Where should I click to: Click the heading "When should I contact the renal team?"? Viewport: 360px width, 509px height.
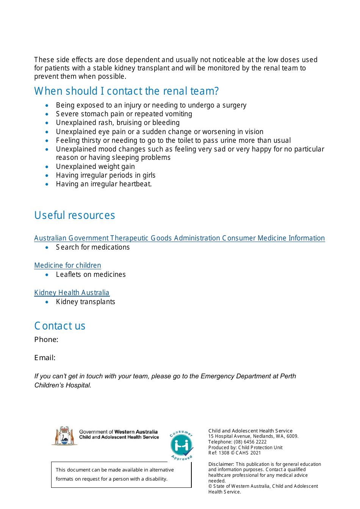(x=126, y=91)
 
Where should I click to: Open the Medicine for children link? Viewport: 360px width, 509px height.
(x=67, y=265)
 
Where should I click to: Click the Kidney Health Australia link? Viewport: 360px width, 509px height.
(x=72, y=293)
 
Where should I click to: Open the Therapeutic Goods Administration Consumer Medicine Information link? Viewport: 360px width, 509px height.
(x=179, y=238)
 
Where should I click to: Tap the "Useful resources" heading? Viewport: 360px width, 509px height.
(x=74, y=215)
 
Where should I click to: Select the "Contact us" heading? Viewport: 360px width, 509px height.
(x=59, y=326)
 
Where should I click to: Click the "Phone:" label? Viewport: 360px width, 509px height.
(x=46, y=340)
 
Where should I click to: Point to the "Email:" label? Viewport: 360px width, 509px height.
(x=45, y=358)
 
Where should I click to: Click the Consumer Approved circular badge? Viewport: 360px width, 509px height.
(x=182, y=445)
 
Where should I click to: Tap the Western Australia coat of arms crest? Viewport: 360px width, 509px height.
(x=64, y=436)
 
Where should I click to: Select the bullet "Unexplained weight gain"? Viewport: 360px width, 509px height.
(x=95, y=167)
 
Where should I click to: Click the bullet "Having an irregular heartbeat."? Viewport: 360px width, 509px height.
(x=103, y=184)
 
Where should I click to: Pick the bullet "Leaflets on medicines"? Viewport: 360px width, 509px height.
(x=91, y=275)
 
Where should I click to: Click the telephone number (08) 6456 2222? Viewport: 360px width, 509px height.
(x=250, y=442)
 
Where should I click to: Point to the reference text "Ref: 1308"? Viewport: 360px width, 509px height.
(x=219, y=453)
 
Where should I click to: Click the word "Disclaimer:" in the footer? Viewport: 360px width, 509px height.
(x=221, y=464)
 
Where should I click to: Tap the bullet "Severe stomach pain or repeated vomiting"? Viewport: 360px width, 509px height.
(x=124, y=114)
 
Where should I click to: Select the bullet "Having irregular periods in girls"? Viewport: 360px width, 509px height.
(x=105, y=175)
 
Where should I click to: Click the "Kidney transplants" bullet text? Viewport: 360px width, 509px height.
(x=85, y=302)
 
